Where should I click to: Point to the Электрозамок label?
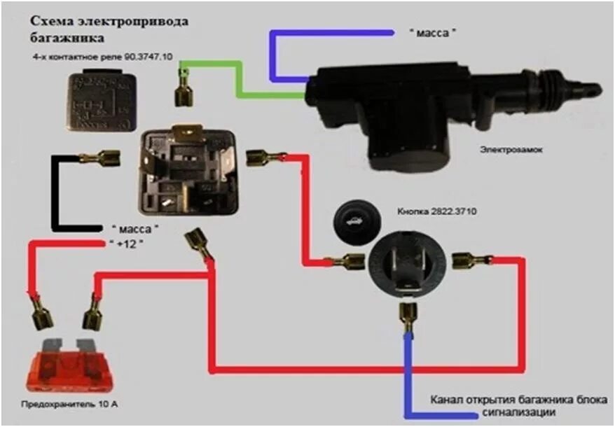point(512,148)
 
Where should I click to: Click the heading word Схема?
point(50,22)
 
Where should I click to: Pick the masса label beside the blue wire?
point(430,32)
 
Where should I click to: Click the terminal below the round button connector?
point(406,316)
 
